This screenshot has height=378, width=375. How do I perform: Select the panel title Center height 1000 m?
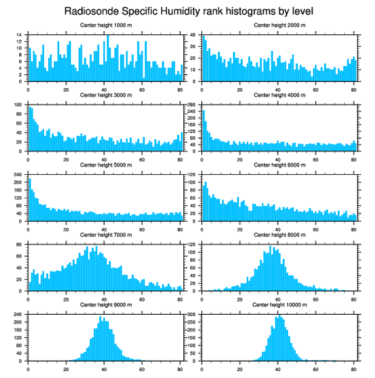click(x=106, y=25)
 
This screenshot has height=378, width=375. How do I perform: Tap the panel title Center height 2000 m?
click(x=279, y=25)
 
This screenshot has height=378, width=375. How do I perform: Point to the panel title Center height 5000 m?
click(x=106, y=165)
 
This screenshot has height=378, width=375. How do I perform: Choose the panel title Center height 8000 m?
click(x=279, y=235)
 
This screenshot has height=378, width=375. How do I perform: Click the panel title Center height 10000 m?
click(x=279, y=305)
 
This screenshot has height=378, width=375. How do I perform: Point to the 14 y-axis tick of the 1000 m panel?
click(x=21, y=35)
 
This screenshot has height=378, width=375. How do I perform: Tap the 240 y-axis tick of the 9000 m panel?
click(x=19, y=314)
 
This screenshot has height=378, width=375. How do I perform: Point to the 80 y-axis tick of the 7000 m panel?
click(x=21, y=245)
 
